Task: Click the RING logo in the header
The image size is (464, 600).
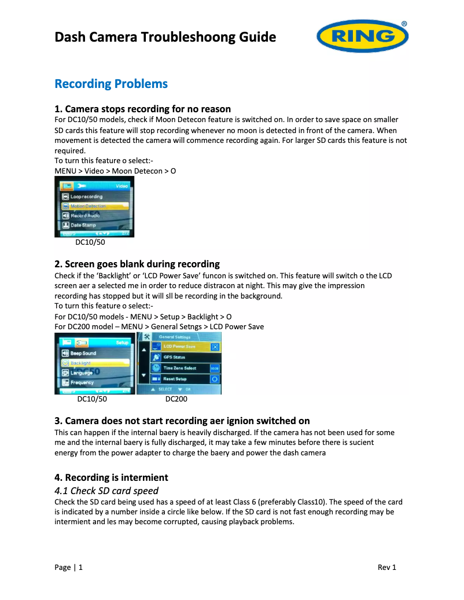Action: pos(362,36)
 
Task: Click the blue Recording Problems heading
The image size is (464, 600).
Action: pos(111,84)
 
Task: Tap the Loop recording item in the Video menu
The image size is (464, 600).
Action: pos(86,197)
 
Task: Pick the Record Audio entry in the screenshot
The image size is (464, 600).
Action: pos(85,216)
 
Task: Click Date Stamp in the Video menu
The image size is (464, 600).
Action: pos(83,225)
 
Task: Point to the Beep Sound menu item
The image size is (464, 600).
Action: pos(83,354)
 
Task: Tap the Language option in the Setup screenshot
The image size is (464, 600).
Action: pos(82,373)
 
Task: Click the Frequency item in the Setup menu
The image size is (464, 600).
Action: pos(82,383)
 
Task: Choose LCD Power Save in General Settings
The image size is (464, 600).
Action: pos(179,347)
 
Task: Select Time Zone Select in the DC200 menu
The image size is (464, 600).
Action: pos(180,368)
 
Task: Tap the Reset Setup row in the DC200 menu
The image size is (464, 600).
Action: pos(175,379)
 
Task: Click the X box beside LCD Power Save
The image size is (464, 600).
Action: pos(215,347)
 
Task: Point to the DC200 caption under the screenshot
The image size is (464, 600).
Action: pos(176,399)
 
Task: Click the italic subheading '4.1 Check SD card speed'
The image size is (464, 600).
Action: pos(106,491)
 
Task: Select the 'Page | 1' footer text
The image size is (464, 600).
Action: pos(68,568)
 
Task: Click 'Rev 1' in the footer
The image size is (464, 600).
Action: pos(386,568)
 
